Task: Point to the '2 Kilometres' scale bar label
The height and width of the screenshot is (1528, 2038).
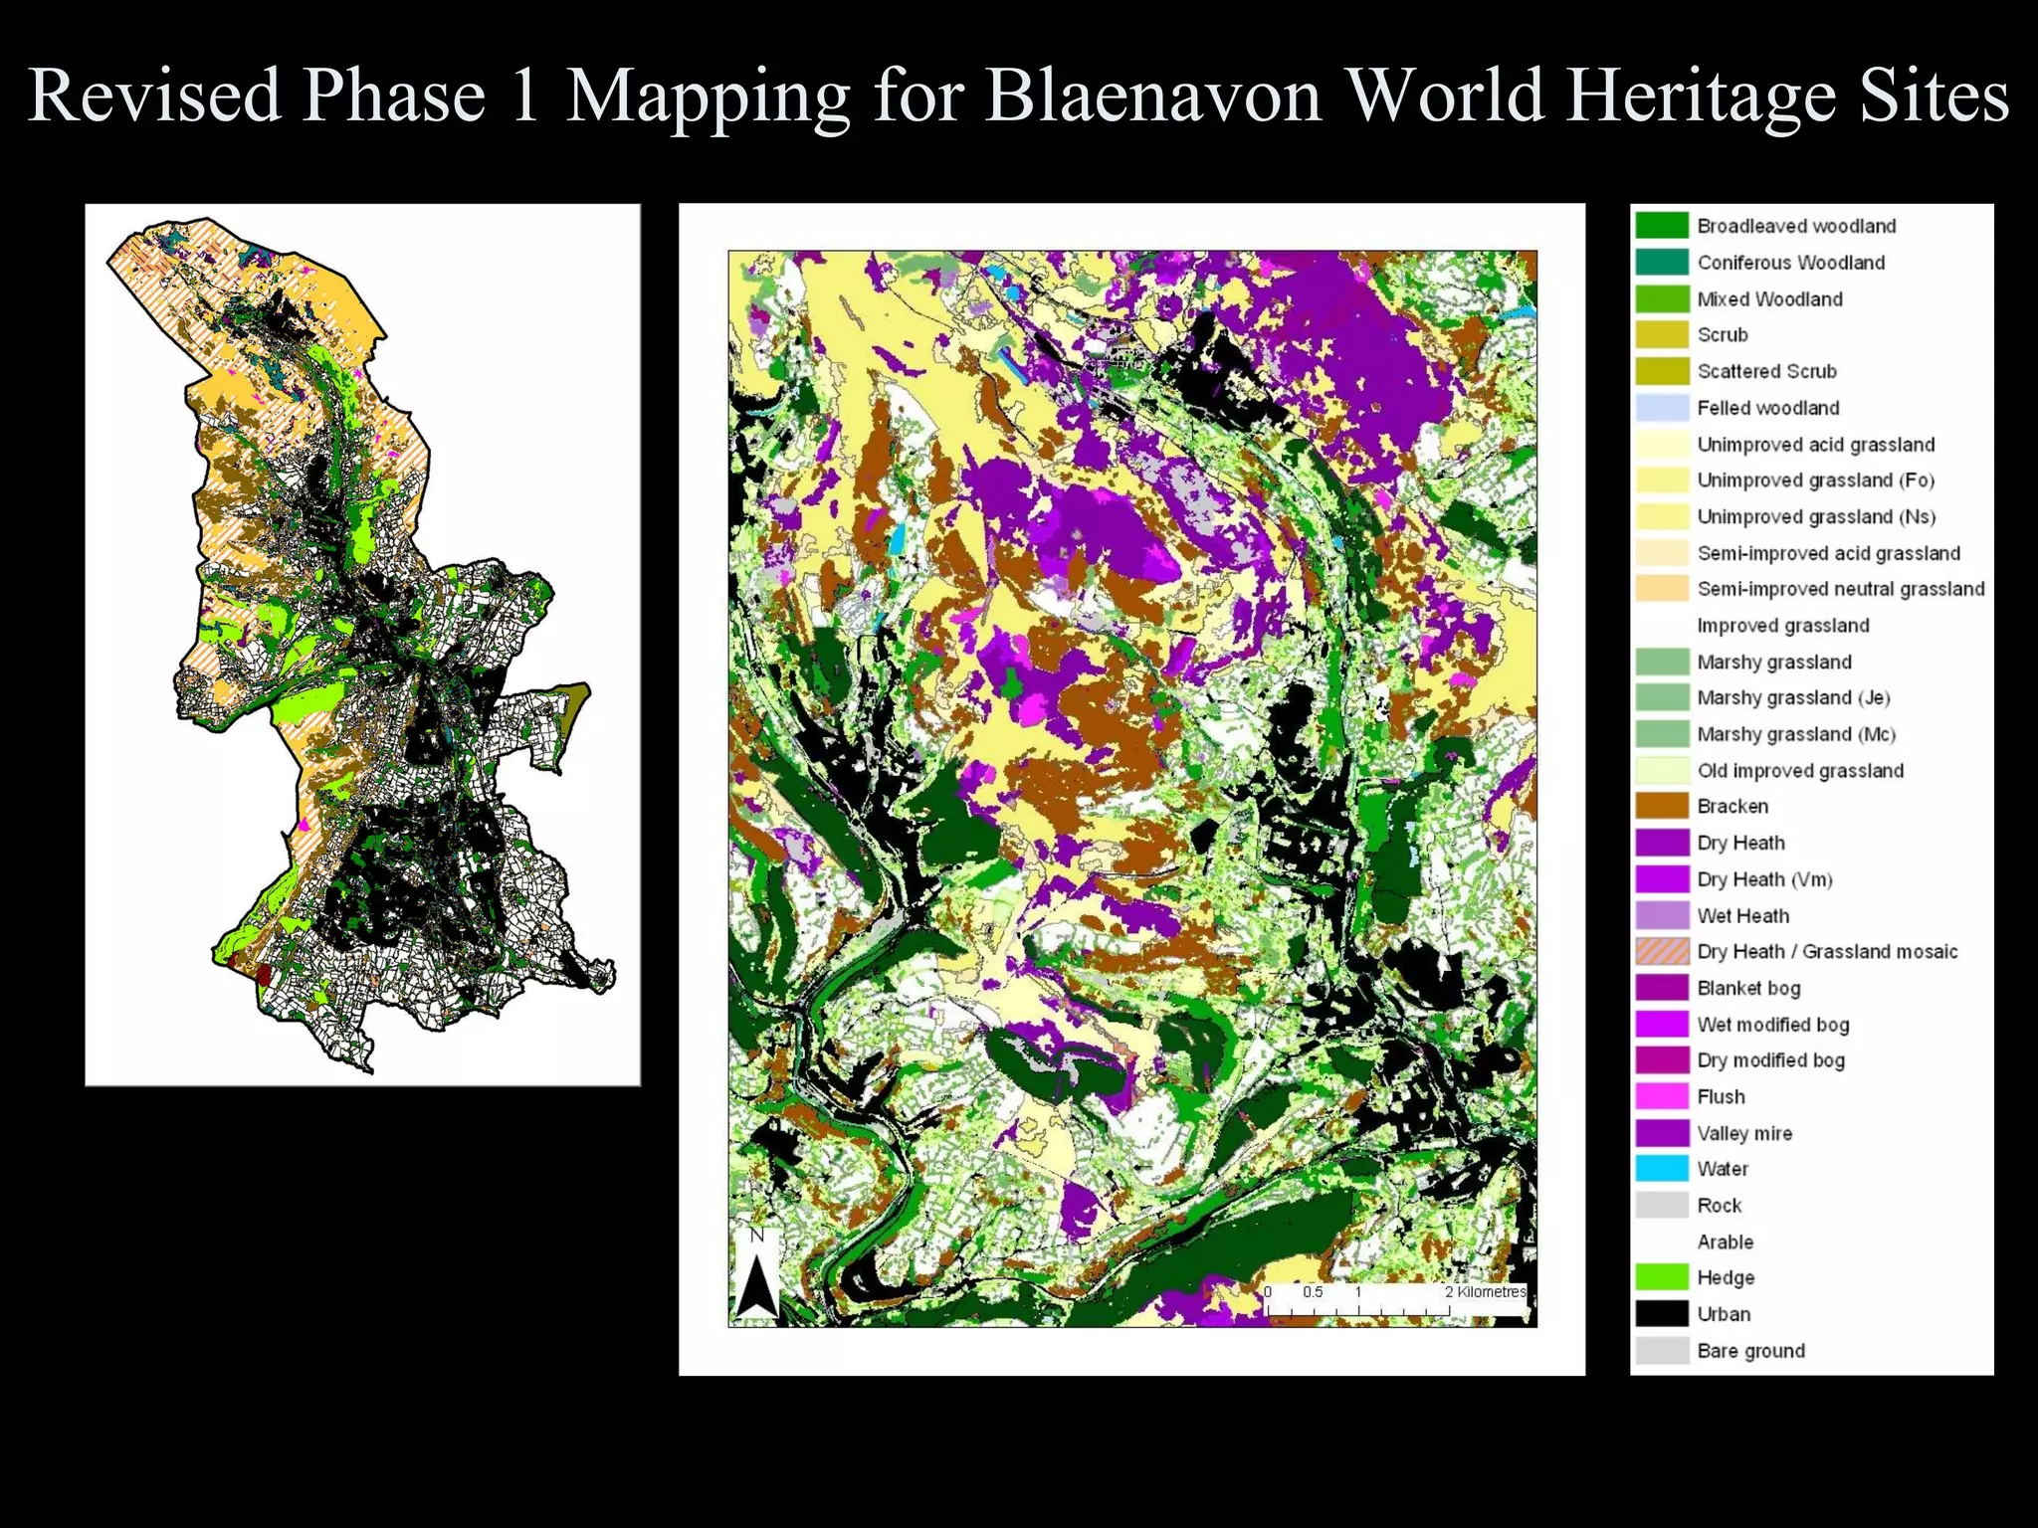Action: (x=1485, y=1292)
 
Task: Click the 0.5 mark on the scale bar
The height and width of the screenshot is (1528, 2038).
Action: (x=1313, y=1292)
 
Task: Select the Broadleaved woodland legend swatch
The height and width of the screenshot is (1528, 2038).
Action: (x=1662, y=226)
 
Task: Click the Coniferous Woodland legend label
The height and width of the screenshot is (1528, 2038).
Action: (x=1790, y=263)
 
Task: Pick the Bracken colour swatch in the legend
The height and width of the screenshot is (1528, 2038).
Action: (x=1662, y=806)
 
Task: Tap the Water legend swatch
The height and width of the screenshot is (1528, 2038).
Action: (x=1662, y=1168)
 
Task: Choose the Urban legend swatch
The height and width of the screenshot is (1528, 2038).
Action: (x=1662, y=1313)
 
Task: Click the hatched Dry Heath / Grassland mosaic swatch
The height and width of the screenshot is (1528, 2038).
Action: (x=1662, y=951)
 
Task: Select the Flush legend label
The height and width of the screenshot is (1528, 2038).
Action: (x=1721, y=1096)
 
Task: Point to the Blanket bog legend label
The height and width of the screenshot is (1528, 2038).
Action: (x=1748, y=988)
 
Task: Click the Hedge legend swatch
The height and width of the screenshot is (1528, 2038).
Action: (x=1662, y=1277)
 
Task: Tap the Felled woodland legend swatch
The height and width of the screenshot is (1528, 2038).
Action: (x=1662, y=408)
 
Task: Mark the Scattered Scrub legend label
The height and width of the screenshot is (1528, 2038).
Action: (x=1766, y=371)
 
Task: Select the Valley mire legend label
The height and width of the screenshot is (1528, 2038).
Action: (x=1744, y=1133)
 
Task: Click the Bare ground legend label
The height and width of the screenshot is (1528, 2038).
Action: (x=1750, y=1350)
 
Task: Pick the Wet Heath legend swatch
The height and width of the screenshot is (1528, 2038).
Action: (x=1662, y=915)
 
